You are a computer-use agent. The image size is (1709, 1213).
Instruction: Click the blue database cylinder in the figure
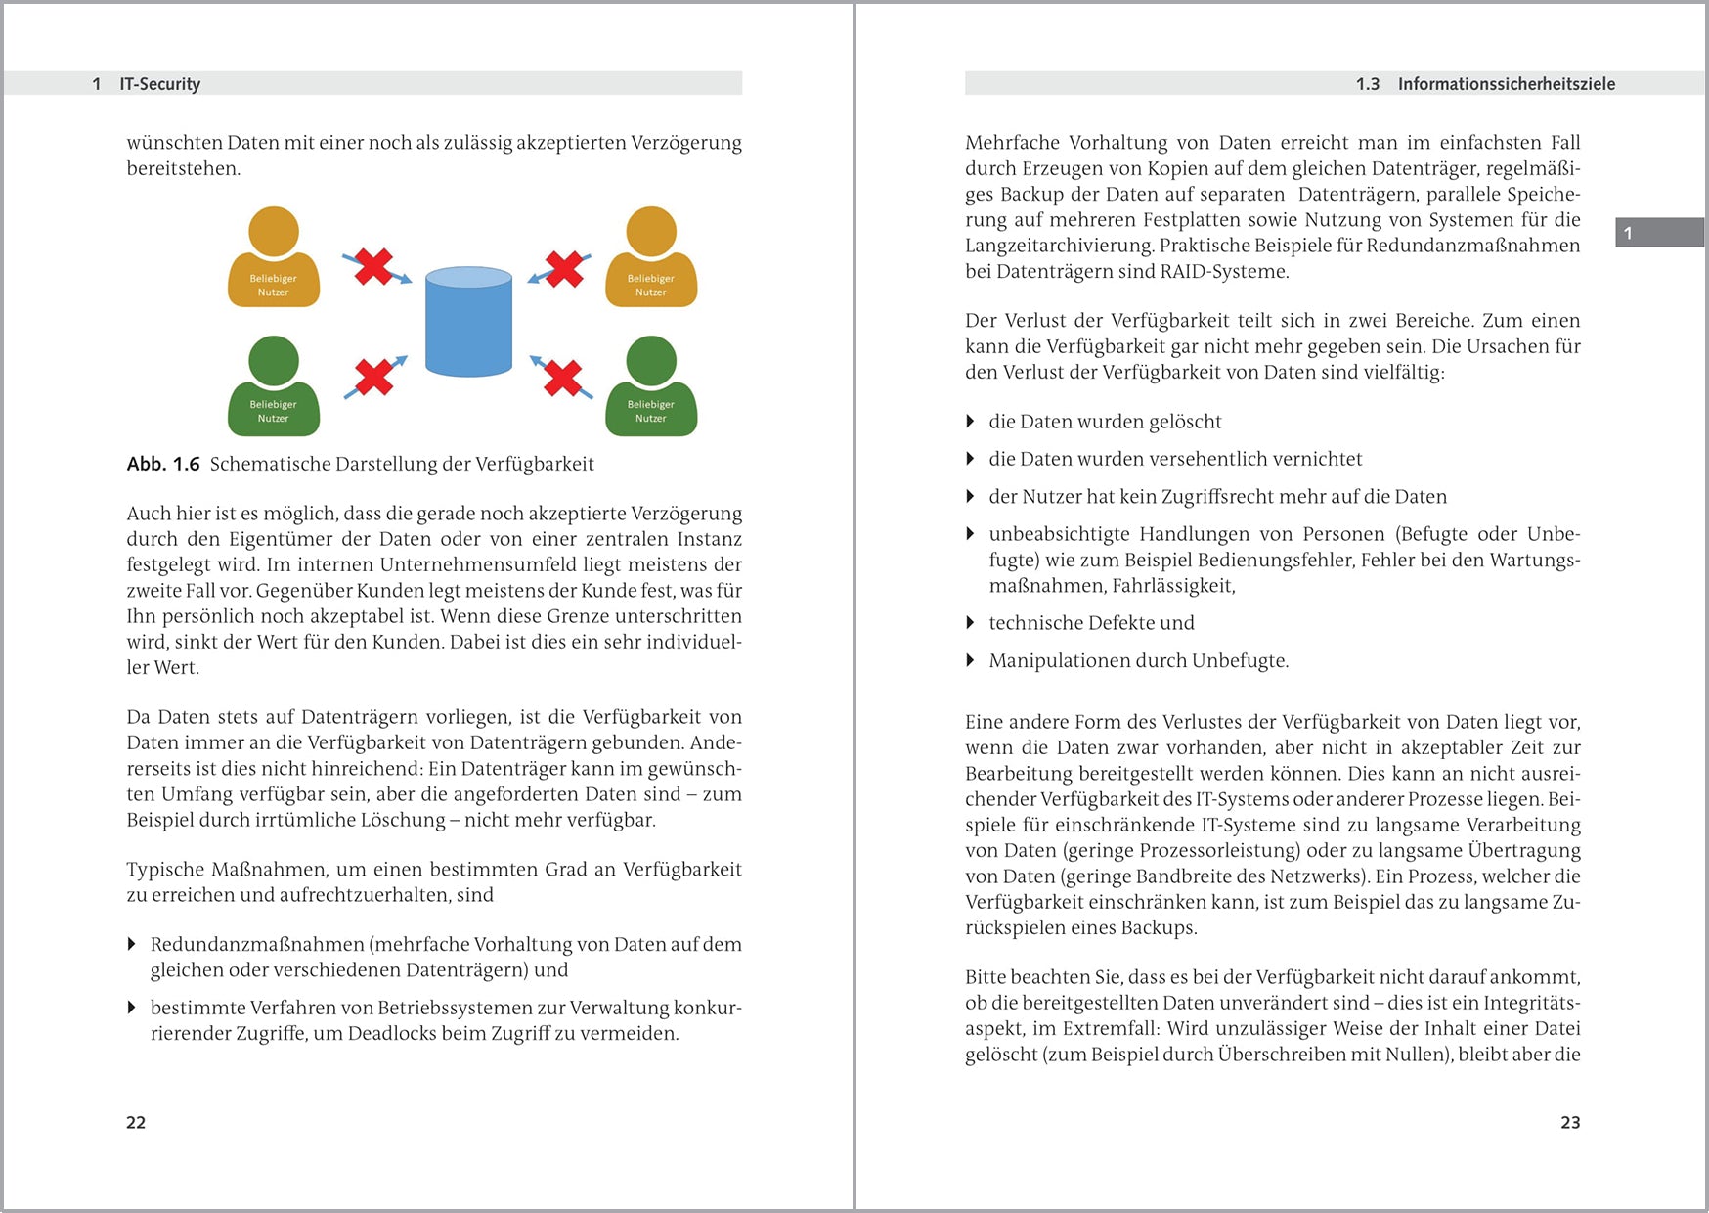(x=469, y=323)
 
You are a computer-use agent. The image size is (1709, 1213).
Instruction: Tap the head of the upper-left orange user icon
(x=274, y=231)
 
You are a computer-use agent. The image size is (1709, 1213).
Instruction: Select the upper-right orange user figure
(x=651, y=259)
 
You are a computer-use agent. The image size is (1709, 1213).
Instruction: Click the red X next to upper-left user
(x=373, y=266)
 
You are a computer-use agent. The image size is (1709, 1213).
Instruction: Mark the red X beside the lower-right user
(x=562, y=378)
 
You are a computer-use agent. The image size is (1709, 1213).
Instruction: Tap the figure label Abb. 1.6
(x=162, y=464)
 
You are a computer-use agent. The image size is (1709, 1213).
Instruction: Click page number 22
(x=136, y=1122)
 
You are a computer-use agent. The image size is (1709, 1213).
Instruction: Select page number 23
(x=1570, y=1122)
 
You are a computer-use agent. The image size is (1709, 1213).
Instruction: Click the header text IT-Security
(x=159, y=84)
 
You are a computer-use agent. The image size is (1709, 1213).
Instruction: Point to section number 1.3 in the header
(x=1367, y=84)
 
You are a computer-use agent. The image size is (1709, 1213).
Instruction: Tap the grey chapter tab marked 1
(x=1659, y=233)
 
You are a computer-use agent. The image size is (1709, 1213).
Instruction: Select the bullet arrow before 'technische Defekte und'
(x=970, y=623)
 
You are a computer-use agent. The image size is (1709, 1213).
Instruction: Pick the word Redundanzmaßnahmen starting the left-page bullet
(x=256, y=944)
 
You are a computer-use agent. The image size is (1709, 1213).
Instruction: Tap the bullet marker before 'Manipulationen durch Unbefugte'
(x=970, y=660)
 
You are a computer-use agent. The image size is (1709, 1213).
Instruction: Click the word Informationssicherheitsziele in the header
(x=1506, y=84)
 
